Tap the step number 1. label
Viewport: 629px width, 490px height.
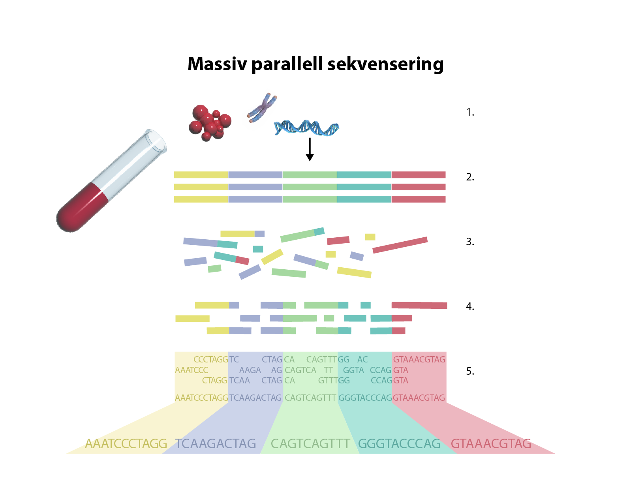click(x=470, y=113)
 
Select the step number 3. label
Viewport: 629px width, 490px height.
click(x=470, y=242)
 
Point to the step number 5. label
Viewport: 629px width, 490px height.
click(x=470, y=371)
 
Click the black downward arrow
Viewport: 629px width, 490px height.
click(x=310, y=150)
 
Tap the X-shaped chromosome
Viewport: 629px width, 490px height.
click(x=261, y=108)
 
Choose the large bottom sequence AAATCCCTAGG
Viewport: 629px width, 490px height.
click(x=126, y=444)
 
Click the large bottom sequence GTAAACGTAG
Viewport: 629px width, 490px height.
click(x=491, y=444)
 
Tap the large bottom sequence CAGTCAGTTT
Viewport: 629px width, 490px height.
click(x=310, y=444)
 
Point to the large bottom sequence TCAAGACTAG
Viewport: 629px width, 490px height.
click(x=216, y=444)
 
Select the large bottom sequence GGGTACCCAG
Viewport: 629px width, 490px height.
click(x=399, y=444)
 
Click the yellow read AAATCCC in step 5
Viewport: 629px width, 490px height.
click(x=192, y=370)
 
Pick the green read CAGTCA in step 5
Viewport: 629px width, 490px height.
click(x=300, y=370)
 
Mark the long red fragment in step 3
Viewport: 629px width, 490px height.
click(x=400, y=245)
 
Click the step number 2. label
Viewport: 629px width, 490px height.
click(x=470, y=177)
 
